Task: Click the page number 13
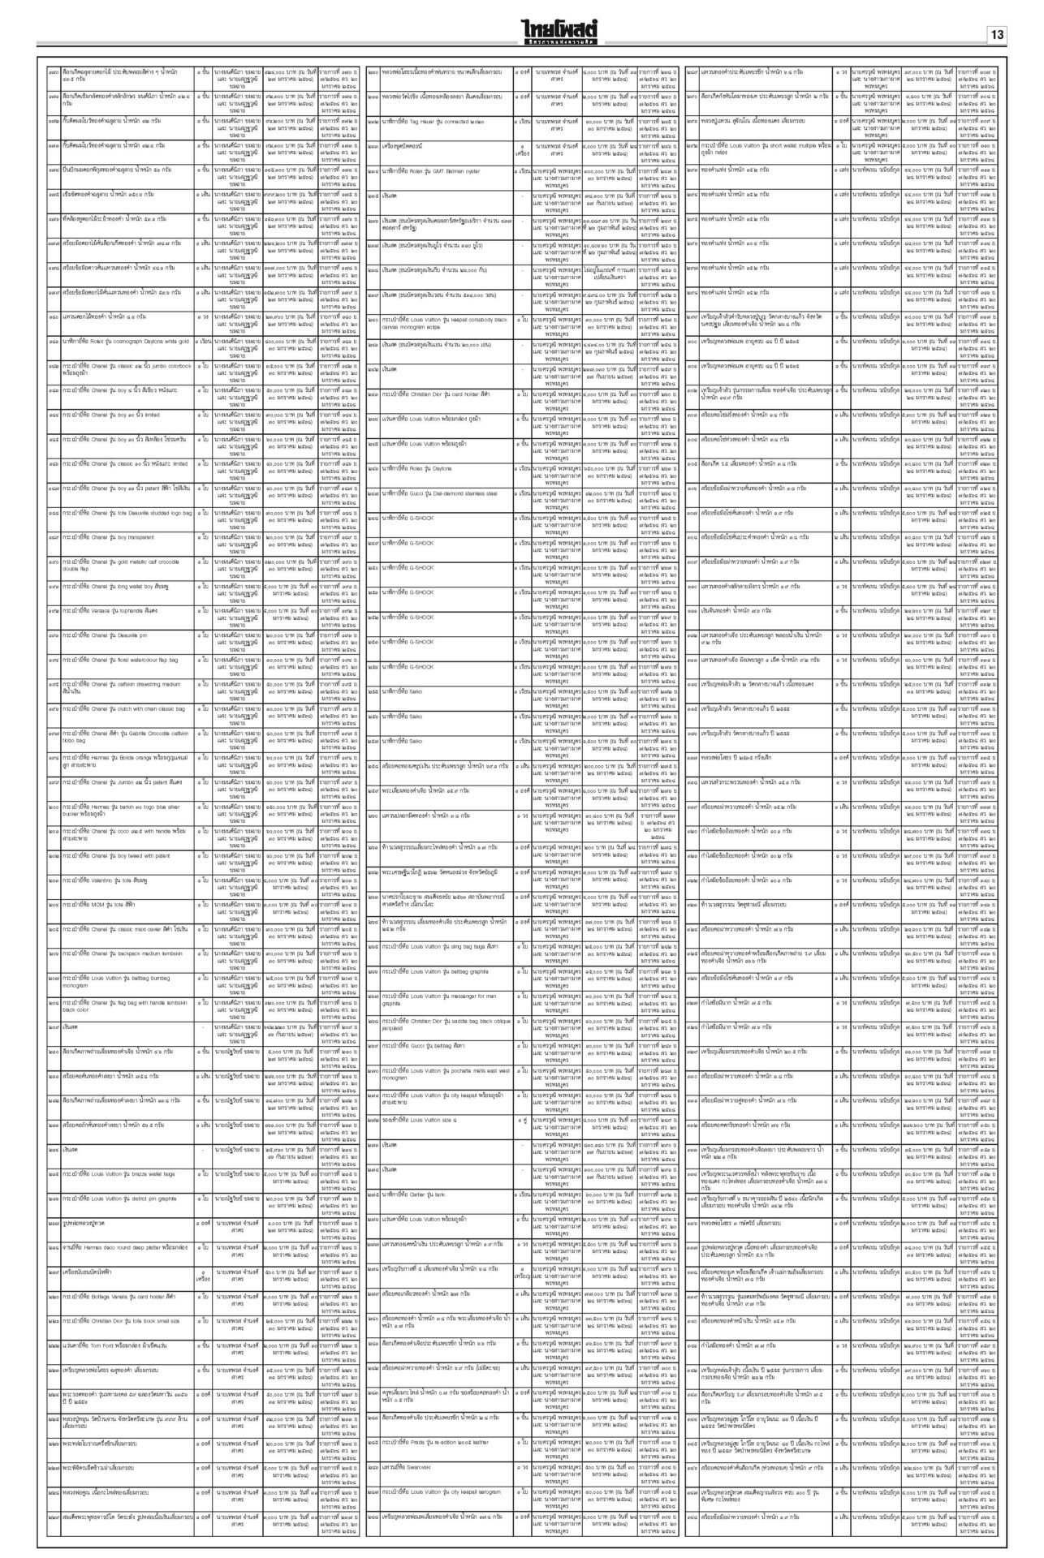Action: [996, 35]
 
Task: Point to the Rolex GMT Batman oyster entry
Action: [431, 170]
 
